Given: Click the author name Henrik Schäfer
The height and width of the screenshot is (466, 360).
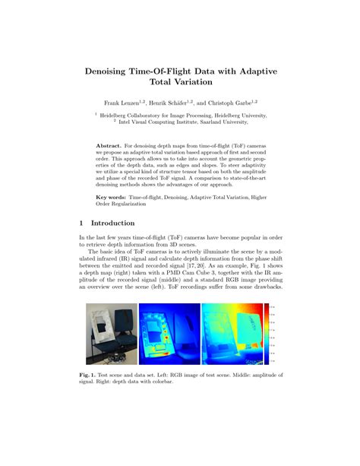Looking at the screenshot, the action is (170, 102).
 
